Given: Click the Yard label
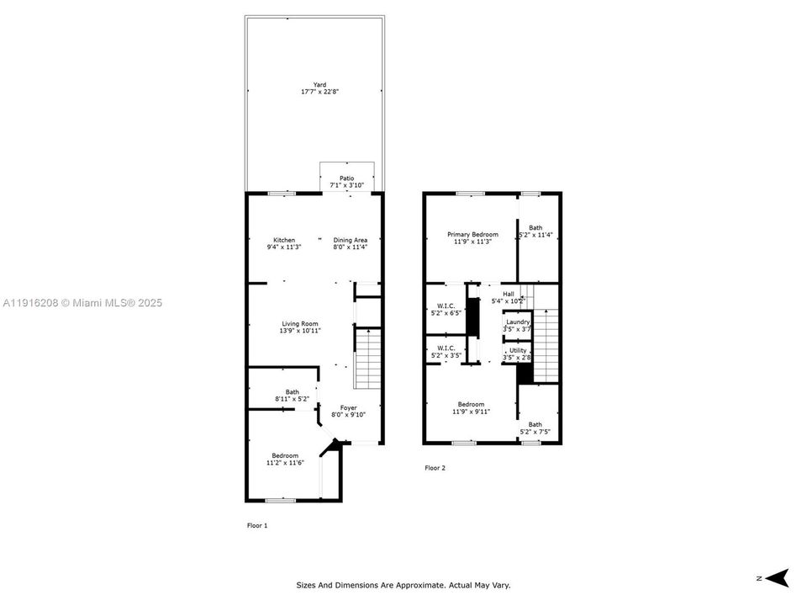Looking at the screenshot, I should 319,84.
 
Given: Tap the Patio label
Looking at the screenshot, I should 346,178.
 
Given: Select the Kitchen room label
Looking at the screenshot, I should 283,240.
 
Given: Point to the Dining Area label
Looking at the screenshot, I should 350,240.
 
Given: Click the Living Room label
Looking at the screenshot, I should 303,324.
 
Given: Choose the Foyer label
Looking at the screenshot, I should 348,407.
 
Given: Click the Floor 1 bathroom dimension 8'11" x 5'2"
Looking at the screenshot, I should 292,398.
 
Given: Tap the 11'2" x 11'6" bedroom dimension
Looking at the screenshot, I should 284,463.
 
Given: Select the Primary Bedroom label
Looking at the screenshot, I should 472,235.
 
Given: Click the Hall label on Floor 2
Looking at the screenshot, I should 508,294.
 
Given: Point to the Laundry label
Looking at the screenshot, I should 517,322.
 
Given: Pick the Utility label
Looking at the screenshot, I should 518,350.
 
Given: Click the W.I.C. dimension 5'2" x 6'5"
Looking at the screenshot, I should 446,313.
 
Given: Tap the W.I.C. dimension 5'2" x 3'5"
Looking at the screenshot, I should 446,356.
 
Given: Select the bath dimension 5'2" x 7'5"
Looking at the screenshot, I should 535,432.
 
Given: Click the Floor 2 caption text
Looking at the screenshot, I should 435,468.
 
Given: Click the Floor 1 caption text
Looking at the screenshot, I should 256,525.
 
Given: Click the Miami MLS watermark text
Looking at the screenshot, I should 82,303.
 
